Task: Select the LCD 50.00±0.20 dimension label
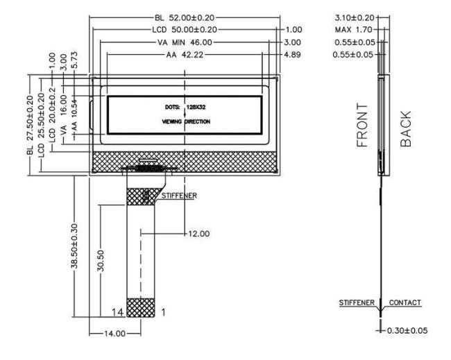(x=185, y=30)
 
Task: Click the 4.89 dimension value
(x=292, y=55)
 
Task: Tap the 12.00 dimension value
(x=199, y=234)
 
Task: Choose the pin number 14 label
(x=121, y=313)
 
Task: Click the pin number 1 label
(x=164, y=313)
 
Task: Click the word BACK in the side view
(x=407, y=128)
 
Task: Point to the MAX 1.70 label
(x=354, y=30)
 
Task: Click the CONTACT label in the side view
(x=406, y=304)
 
